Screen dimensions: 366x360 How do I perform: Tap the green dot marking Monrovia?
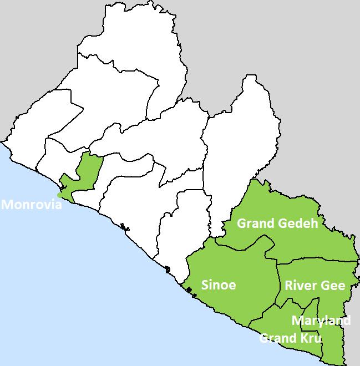click(x=60, y=194)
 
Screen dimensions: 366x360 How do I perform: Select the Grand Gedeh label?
click(x=277, y=223)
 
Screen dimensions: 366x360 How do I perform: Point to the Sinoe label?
click(x=218, y=285)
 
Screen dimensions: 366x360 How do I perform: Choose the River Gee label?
click(x=315, y=286)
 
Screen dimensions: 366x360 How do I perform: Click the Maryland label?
click(x=321, y=321)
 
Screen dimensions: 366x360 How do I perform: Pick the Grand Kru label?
click(x=290, y=338)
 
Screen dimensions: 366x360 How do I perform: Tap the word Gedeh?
click(x=298, y=223)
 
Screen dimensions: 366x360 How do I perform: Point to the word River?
click(x=301, y=286)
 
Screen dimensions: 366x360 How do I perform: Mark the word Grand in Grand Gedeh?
click(x=256, y=223)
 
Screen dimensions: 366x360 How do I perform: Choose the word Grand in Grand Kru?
click(x=278, y=338)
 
